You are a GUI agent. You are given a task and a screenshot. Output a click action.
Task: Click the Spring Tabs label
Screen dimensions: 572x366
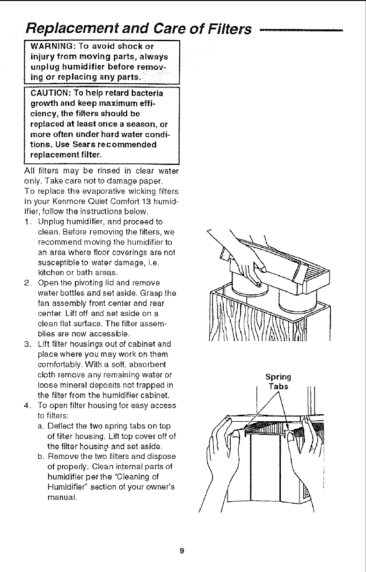(x=278, y=381)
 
